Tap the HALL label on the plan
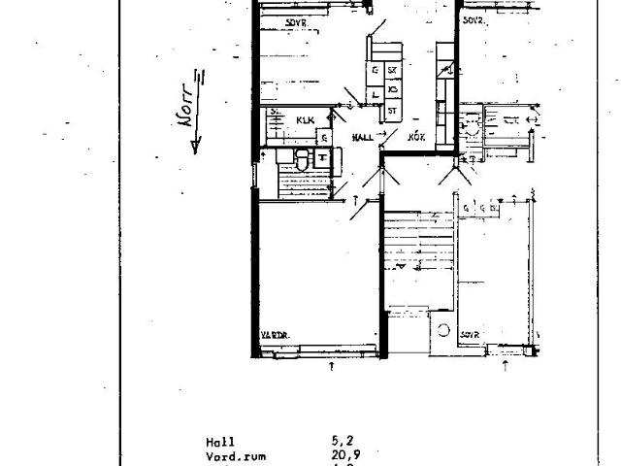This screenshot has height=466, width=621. coord(364,138)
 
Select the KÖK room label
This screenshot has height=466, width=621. coord(417,138)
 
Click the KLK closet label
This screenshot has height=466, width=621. coord(306,121)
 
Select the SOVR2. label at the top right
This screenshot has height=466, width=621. coord(475,20)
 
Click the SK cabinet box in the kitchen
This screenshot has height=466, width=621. coord(392,70)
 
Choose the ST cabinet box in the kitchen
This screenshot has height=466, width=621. coord(392,111)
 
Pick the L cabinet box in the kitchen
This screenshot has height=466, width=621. coord(375,94)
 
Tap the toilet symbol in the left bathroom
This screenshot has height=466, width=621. coord(302,161)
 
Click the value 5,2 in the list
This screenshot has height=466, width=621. coord(340,440)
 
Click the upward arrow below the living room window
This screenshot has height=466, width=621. coord(333,366)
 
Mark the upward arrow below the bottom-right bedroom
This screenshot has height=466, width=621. coord(507,366)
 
